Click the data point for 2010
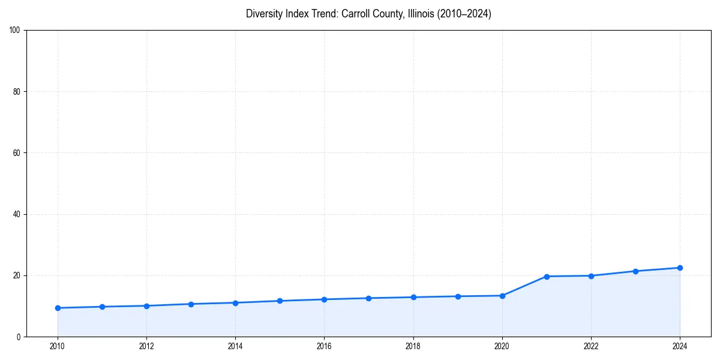pos(58,308)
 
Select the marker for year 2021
pos(547,277)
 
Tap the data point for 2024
pos(680,268)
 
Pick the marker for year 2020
pos(502,296)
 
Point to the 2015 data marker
pos(280,301)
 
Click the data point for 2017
pos(368,298)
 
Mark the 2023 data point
pos(635,271)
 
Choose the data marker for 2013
pos(191,304)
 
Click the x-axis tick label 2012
pos(146,346)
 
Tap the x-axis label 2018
pos(413,346)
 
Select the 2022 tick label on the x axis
pos(591,346)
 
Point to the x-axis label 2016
pos(324,346)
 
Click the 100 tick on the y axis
pos(15,31)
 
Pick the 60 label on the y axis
pos(17,153)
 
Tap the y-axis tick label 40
pos(17,214)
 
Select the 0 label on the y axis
pos(19,337)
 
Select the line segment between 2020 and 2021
pos(524,286)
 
